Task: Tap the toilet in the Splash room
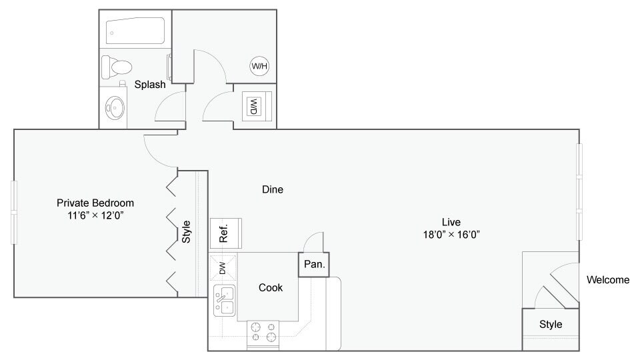[x=117, y=66]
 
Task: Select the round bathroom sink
[x=116, y=107]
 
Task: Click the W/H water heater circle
[x=258, y=66]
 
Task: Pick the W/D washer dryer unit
[x=253, y=106]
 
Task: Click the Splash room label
[x=150, y=85]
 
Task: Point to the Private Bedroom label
[x=95, y=203]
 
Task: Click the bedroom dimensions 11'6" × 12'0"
[x=95, y=215]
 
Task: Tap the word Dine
[x=272, y=189]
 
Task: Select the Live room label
[x=451, y=222]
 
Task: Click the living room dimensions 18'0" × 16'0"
[x=451, y=234]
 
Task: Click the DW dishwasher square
[x=223, y=267]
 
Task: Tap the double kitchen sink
[x=224, y=299]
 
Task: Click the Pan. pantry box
[x=314, y=264]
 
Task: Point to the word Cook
[x=271, y=287]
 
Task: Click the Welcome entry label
[x=607, y=280]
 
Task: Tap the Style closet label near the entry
[x=551, y=325]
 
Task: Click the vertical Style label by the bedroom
[x=187, y=231]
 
